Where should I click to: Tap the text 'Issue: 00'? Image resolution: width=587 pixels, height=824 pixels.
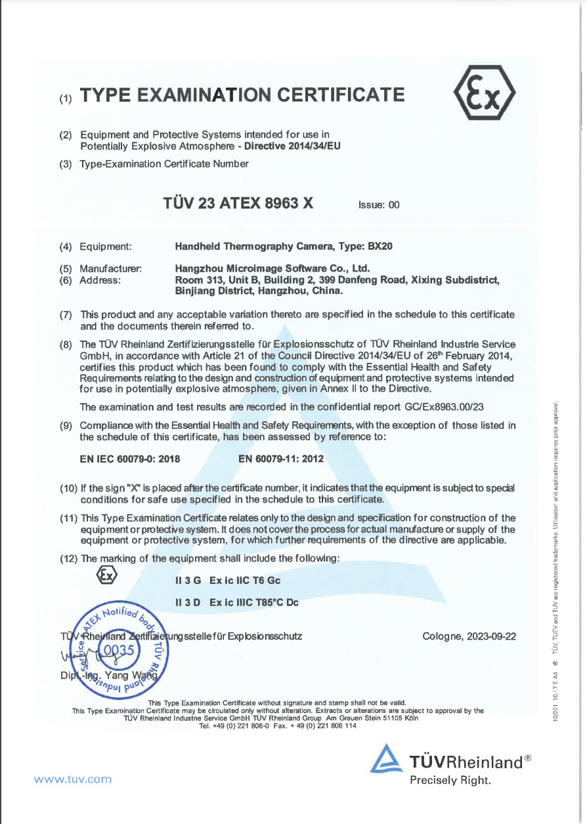point(379,205)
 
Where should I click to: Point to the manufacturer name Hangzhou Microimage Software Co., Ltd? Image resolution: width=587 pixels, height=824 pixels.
point(273,268)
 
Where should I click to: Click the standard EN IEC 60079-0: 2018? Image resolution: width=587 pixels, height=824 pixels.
point(130,459)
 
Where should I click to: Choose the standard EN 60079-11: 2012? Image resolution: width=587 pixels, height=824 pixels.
point(281,459)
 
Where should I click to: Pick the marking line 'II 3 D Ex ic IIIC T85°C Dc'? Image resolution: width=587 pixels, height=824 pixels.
point(237,602)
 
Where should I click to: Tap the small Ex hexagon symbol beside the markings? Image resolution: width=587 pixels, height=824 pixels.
point(106,575)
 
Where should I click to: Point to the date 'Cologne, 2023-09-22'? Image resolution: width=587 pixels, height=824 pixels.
point(469,636)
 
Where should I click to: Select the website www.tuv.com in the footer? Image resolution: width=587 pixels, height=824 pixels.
point(73,779)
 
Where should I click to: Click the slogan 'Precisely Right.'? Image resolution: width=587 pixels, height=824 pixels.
point(450,780)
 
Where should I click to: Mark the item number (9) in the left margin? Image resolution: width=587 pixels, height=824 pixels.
point(66,426)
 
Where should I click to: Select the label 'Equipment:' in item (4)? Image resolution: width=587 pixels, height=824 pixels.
point(106,247)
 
